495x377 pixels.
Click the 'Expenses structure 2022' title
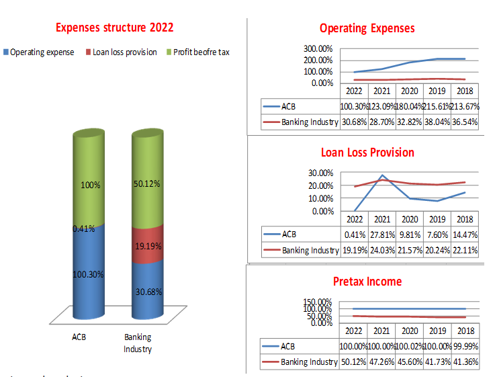coord(115,28)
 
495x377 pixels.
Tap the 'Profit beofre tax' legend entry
coord(201,52)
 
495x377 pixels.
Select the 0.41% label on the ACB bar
coord(83,228)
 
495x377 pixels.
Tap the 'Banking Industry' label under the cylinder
coord(138,343)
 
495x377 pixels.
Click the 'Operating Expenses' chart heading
coord(367,28)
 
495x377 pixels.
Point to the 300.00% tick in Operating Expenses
coord(318,48)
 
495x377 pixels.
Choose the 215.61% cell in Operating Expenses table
coord(437,106)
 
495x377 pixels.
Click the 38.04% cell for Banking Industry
coord(437,122)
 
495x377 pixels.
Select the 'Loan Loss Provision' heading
coord(367,153)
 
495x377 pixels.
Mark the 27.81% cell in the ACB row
coord(381,234)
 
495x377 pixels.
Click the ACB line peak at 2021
coord(382,175)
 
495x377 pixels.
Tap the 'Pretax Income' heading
coord(367,281)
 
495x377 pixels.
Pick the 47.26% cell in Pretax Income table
coord(381,362)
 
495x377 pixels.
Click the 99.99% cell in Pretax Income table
coord(465,347)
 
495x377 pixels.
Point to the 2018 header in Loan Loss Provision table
coord(465,219)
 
